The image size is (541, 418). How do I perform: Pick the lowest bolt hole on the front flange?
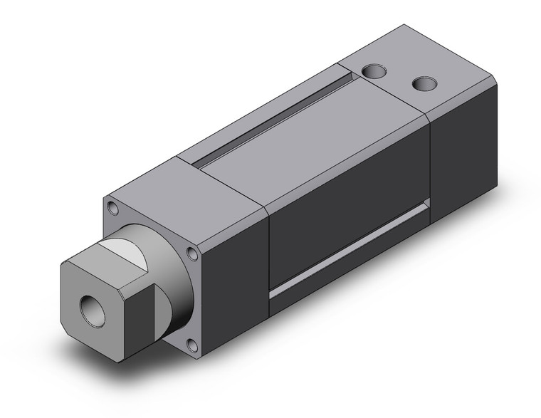click(190, 345)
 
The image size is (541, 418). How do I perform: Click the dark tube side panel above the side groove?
click(349, 185)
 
